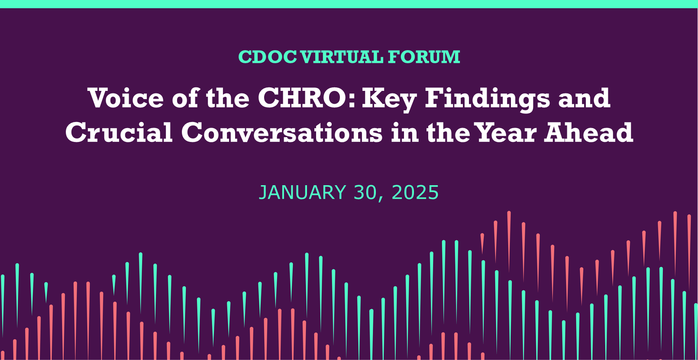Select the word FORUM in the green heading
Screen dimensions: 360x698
pos(424,57)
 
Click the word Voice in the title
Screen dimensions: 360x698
pos(126,98)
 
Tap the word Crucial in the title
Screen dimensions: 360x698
pos(119,132)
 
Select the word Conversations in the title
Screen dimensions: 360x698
pos(282,132)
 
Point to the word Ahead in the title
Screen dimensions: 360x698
pos(589,132)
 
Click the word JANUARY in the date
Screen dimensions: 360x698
pos(302,193)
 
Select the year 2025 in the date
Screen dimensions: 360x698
pos(415,193)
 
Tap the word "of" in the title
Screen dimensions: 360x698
pos(184,98)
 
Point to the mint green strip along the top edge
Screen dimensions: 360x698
pos(349,4)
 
